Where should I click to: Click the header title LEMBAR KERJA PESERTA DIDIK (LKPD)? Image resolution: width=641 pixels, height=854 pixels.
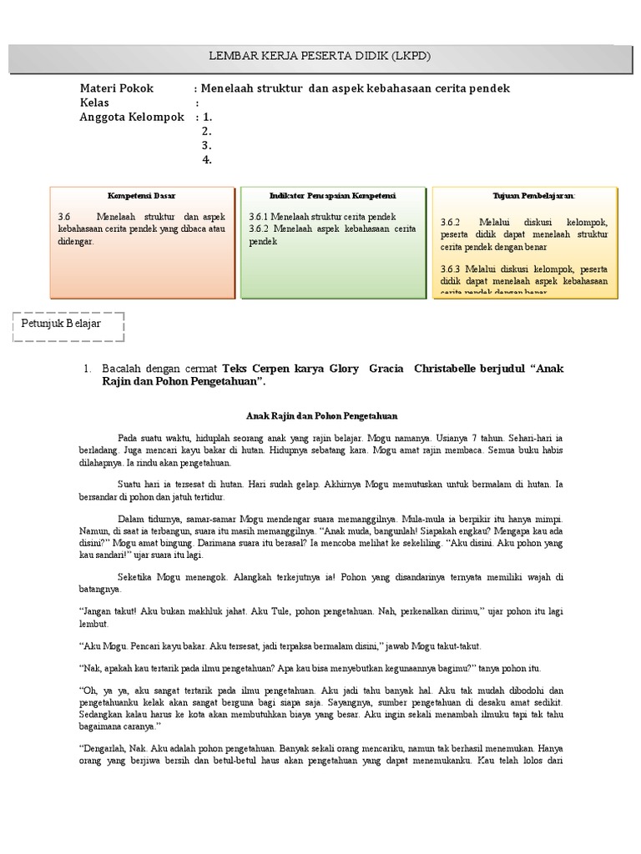click(320, 56)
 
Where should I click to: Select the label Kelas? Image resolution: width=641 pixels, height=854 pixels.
click(95, 103)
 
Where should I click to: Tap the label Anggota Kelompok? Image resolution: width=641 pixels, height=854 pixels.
click(132, 118)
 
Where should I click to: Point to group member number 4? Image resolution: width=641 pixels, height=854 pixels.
click(206, 160)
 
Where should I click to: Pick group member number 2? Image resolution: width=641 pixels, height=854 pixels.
click(206, 132)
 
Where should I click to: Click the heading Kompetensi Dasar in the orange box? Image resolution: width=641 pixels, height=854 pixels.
click(143, 195)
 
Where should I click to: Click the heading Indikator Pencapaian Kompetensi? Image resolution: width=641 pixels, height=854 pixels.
click(333, 195)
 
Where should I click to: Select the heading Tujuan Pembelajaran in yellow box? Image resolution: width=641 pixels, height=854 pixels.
click(524, 195)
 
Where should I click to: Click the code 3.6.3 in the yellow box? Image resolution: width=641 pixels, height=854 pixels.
click(451, 269)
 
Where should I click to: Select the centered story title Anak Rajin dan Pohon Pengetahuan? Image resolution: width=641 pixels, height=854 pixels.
click(321, 415)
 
